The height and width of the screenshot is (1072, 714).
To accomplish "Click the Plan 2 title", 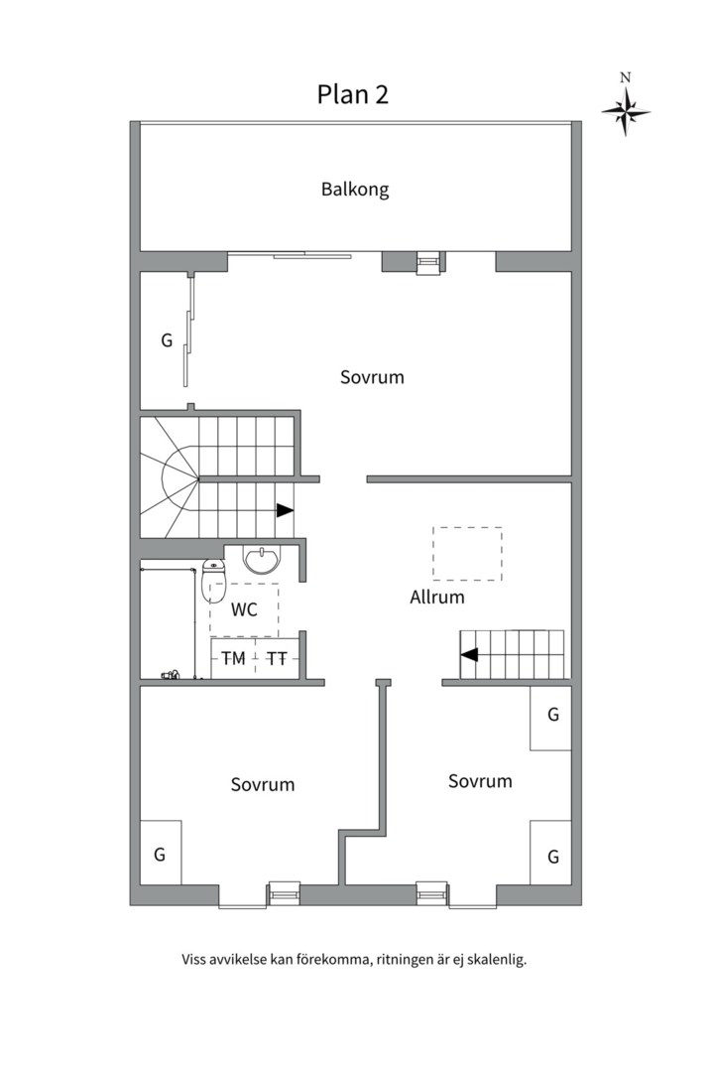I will tap(352, 94).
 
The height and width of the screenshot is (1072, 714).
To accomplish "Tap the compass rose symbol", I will tap(626, 109).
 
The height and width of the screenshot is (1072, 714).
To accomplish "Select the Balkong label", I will tap(355, 190).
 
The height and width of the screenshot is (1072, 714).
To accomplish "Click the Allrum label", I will tap(436, 598).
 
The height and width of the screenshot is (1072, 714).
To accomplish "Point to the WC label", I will tap(244, 609).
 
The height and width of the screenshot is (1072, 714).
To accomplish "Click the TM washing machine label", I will tap(233, 658).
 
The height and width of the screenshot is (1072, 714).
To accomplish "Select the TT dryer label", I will tap(278, 658).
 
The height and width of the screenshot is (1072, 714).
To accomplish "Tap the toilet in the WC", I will tap(213, 583).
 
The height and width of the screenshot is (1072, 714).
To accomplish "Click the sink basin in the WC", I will tap(263, 561).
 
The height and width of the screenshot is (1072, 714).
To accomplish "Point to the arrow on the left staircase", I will tap(285, 510).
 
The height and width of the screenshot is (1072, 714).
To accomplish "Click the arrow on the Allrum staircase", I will tap(469, 654).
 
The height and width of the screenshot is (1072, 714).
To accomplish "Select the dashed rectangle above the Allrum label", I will tap(467, 553).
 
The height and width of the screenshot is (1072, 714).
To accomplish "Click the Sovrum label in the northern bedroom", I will tap(372, 377).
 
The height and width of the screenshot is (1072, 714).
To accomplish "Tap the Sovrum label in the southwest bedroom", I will tap(263, 784).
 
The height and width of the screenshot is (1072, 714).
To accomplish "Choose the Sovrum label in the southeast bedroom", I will tap(480, 781).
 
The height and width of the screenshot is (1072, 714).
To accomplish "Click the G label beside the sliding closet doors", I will tap(167, 340).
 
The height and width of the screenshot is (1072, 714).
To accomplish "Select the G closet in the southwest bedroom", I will tap(160, 853).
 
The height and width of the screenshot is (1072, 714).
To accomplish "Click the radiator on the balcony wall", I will tap(428, 261).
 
